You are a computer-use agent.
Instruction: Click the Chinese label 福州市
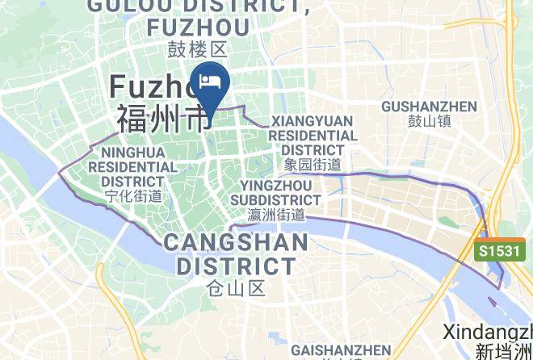(162, 119)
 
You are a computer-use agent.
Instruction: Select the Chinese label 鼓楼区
(197, 50)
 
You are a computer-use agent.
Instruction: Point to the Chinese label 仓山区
(236, 287)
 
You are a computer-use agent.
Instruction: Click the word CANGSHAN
(236, 242)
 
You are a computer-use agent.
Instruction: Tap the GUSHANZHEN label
(429, 107)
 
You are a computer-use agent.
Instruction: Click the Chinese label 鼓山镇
(429, 123)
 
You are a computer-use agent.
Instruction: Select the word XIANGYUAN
(312, 121)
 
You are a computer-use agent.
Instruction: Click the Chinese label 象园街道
(312, 165)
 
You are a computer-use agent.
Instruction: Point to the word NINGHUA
(133, 153)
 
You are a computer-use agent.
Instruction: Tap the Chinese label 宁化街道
(133, 195)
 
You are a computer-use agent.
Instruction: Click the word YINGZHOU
(275, 186)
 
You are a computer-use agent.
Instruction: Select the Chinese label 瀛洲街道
(275, 215)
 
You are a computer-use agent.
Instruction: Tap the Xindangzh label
(488, 332)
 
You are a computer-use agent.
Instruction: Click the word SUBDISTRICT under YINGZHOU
(275, 199)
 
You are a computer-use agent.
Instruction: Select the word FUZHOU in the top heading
(198, 27)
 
